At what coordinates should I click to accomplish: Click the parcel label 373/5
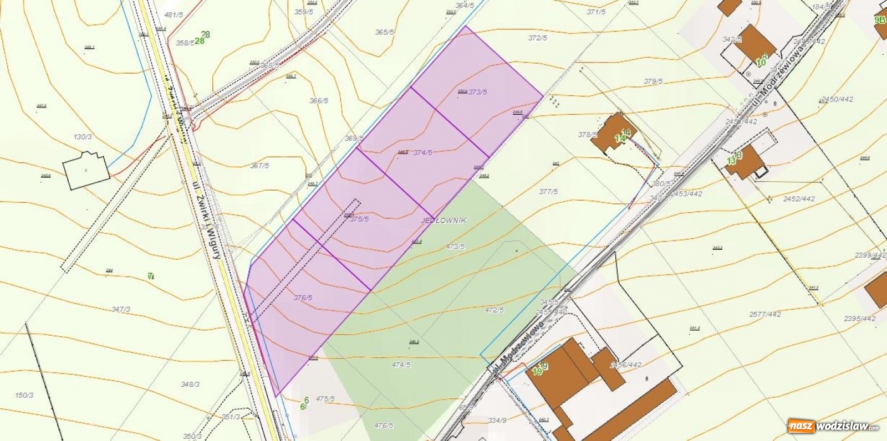pos(477,92)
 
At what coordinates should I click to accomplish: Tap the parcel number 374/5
pos(422,152)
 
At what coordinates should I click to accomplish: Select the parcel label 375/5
pos(359,219)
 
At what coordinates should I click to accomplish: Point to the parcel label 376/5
pos(303,298)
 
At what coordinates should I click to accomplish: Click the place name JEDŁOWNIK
pos(443,220)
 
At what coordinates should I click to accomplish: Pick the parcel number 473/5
pos(455,247)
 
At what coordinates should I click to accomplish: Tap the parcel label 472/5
pos(494,310)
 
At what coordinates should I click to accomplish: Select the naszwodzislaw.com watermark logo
pos(833,427)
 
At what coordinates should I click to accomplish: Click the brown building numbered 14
pos(613,132)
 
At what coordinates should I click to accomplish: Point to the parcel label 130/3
pos(83,136)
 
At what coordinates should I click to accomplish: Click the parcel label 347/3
pos(121,309)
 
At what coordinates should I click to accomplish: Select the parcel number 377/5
pos(548,192)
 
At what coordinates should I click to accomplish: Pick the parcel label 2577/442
pos(765,314)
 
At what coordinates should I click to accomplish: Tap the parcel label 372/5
pos(537,38)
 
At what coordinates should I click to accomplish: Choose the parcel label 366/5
pos(318,101)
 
